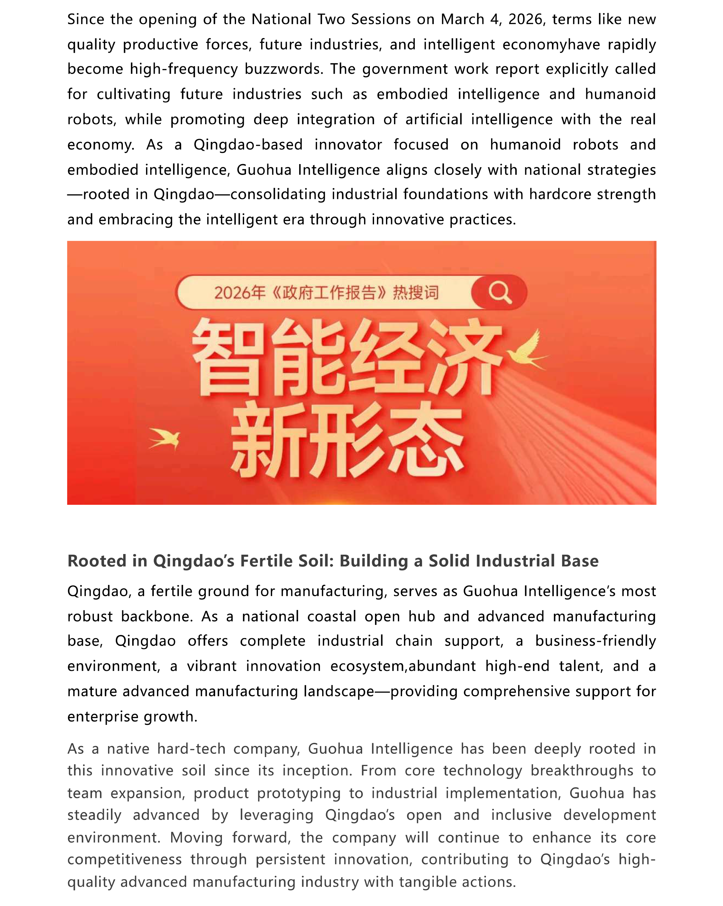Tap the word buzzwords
[284, 69]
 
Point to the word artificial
[434, 119]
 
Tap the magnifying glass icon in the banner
[499, 292]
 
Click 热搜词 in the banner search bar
[416, 292]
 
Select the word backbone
[157, 616]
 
